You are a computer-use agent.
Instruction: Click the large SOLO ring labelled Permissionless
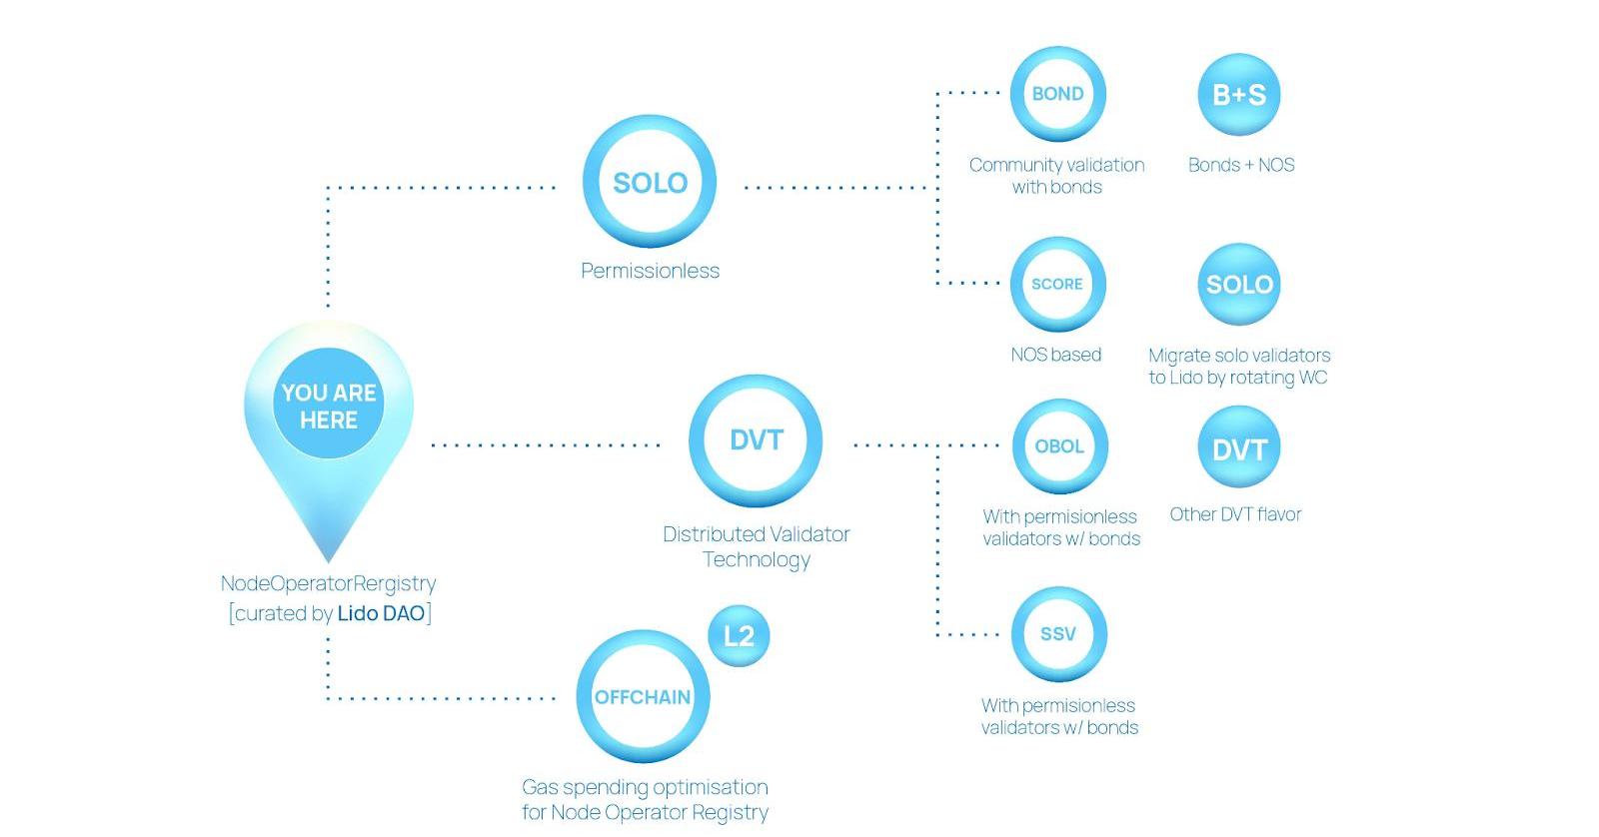click(650, 182)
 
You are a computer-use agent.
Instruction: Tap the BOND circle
click(1057, 94)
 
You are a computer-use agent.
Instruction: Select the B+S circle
click(1239, 95)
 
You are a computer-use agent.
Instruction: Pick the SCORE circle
click(1057, 284)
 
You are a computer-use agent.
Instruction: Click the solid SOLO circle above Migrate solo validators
click(1239, 285)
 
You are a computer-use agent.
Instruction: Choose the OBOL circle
click(1058, 446)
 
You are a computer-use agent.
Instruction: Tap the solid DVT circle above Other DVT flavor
click(1239, 448)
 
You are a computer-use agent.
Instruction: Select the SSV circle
click(1058, 634)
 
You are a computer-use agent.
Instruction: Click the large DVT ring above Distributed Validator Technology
click(756, 440)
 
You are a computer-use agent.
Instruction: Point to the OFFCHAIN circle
click(643, 697)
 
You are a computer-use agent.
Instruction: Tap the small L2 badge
click(739, 636)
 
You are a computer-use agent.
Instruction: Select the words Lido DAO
click(381, 613)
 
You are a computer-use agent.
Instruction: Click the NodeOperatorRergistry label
click(328, 583)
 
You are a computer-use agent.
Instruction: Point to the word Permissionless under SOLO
click(650, 271)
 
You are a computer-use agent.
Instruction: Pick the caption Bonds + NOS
click(1241, 165)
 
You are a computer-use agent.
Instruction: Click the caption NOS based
click(1055, 355)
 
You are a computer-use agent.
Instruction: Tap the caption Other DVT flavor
click(1235, 514)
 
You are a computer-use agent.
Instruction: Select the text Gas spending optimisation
click(645, 787)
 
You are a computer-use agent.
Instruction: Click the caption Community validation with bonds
click(1056, 176)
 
